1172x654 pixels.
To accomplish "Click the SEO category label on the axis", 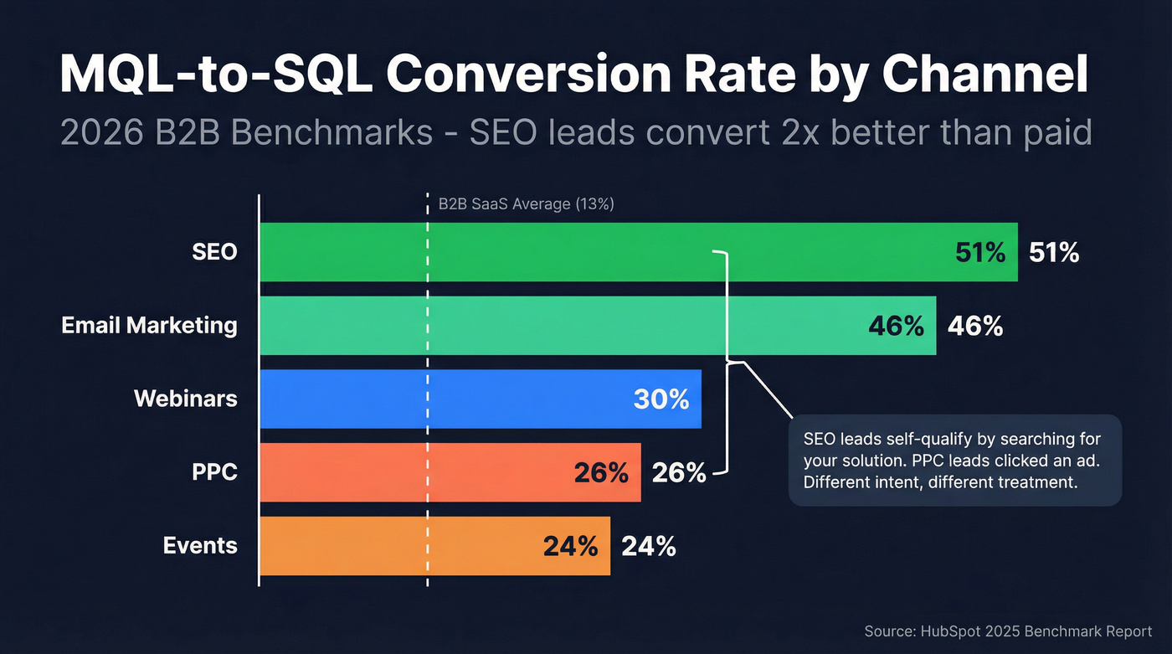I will [x=214, y=252].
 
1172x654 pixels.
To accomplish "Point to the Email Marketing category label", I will [x=149, y=326].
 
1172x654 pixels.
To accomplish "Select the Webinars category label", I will [x=185, y=399].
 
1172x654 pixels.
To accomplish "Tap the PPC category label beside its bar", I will [x=214, y=472].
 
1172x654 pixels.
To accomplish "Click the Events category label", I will [x=200, y=546].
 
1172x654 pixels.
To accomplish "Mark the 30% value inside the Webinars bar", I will [x=661, y=399].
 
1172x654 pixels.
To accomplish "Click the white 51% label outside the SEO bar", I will [x=1054, y=252].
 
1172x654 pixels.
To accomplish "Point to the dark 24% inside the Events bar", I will [x=570, y=546].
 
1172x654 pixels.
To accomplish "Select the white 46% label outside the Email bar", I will [x=975, y=326].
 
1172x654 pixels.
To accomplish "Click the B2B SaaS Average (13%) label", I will [x=527, y=204].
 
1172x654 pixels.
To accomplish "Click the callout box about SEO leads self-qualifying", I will [x=954, y=461].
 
